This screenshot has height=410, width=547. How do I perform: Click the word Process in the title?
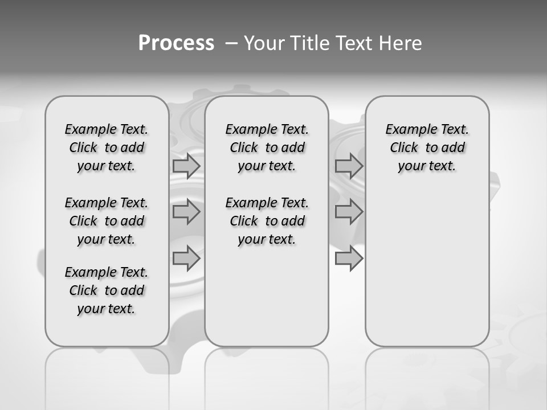(176, 43)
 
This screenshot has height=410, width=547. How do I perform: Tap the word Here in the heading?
(401, 43)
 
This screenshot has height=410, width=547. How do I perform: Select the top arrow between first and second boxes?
(186, 166)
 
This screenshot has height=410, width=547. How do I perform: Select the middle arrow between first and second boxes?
(186, 212)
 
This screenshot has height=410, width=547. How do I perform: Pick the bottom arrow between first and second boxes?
(186, 259)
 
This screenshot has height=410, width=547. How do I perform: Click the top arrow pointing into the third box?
(349, 166)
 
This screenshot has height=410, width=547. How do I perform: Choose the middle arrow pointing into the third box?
(349, 212)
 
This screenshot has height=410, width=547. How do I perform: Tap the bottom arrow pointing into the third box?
(349, 259)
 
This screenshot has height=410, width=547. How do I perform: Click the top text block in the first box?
(107, 147)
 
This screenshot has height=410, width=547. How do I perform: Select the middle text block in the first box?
(107, 221)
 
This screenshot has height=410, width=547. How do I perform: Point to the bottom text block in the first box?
(107, 290)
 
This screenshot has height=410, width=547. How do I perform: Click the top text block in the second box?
(267, 147)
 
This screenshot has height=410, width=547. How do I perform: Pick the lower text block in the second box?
(267, 221)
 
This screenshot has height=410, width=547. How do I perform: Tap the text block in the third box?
(427, 147)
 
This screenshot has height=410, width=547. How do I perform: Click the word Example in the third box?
(407, 130)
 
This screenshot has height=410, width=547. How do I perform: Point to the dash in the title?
(231, 43)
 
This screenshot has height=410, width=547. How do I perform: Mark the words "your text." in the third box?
(427, 166)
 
